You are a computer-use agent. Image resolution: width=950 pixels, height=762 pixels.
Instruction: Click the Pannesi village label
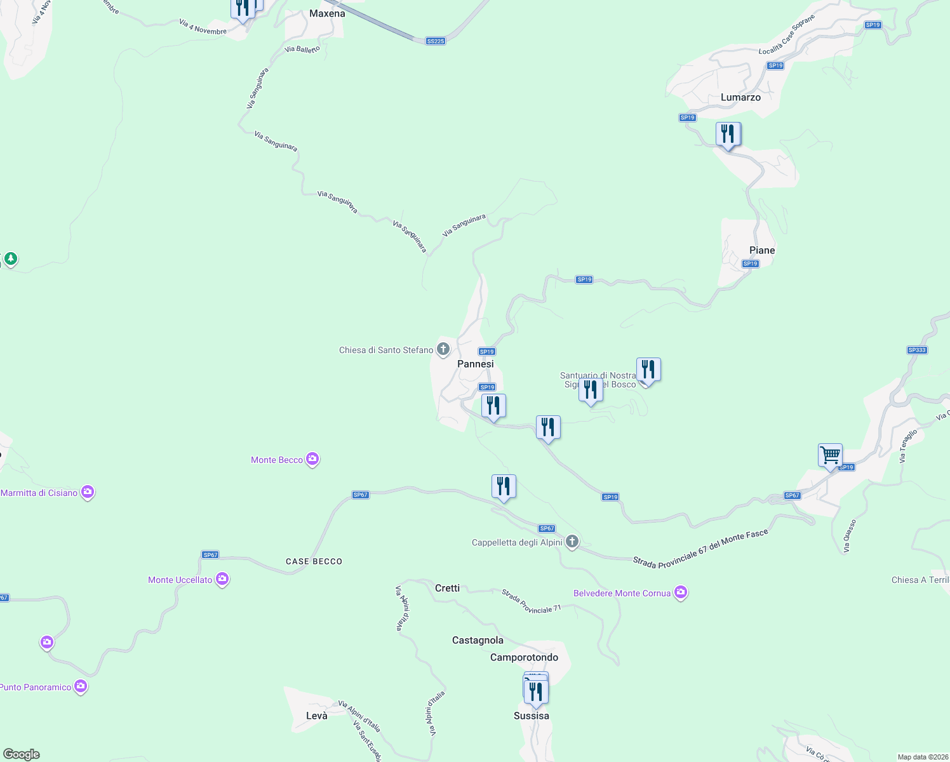click(475, 364)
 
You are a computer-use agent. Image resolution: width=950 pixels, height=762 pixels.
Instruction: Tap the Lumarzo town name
click(740, 97)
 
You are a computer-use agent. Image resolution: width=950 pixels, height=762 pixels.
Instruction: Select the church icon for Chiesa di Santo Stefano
click(443, 349)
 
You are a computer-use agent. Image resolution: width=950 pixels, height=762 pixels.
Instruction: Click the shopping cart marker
click(830, 455)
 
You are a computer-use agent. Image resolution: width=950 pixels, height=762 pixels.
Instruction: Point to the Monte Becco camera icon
click(312, 459)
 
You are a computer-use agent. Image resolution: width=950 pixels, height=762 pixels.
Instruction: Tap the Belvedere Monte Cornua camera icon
click(681, 592)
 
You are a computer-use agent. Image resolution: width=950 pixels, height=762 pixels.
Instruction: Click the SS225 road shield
click(436, 41)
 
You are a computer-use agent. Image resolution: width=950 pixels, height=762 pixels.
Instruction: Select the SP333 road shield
click(917, 350)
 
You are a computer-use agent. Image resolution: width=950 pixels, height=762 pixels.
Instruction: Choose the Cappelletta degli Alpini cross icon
click(572, 542)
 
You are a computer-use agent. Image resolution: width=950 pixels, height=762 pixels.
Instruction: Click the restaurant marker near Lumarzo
click(728, 134)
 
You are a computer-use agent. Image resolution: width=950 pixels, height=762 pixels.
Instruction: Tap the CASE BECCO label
click(314, 561)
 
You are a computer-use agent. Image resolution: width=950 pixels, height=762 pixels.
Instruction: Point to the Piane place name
click(762, 250)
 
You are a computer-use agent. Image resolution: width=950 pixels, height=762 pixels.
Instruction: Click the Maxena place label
click(327, 13)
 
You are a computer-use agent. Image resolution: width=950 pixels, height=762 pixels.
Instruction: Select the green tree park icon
click(10, 258)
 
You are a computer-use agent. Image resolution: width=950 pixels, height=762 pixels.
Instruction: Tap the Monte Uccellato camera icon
click(222, 579)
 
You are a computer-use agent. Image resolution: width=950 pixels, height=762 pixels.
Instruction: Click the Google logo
click(22, 754)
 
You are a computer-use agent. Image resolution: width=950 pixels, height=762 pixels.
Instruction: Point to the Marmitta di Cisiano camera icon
click(88, 492)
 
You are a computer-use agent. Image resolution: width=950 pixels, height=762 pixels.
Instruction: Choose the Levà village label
click(317, 716)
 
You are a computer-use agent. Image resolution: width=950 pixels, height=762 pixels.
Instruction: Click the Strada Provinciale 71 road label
click(532, 601)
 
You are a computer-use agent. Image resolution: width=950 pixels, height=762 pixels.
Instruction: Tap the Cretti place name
click(447, 588)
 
